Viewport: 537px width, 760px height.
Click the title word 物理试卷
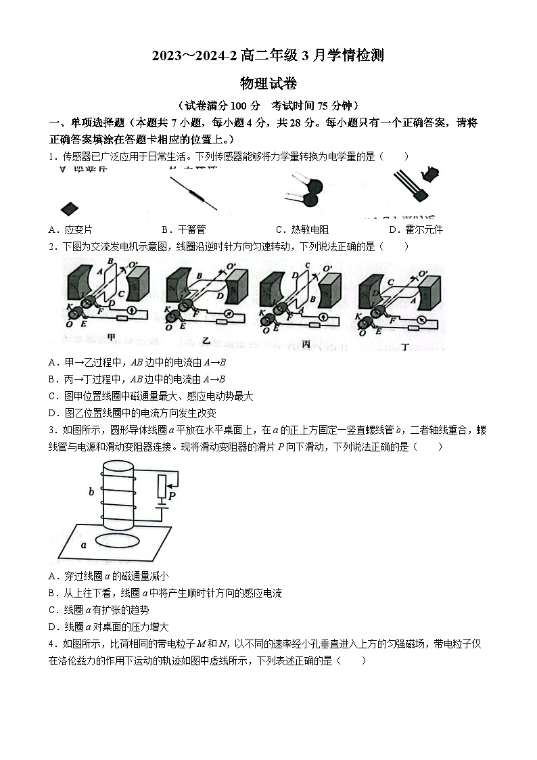tap(268, 83)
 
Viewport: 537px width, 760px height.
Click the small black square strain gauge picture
tap(68, 208)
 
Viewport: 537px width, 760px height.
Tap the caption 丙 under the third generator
tap(305, 344)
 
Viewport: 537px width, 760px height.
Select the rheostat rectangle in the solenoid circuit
tap(162, 486)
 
